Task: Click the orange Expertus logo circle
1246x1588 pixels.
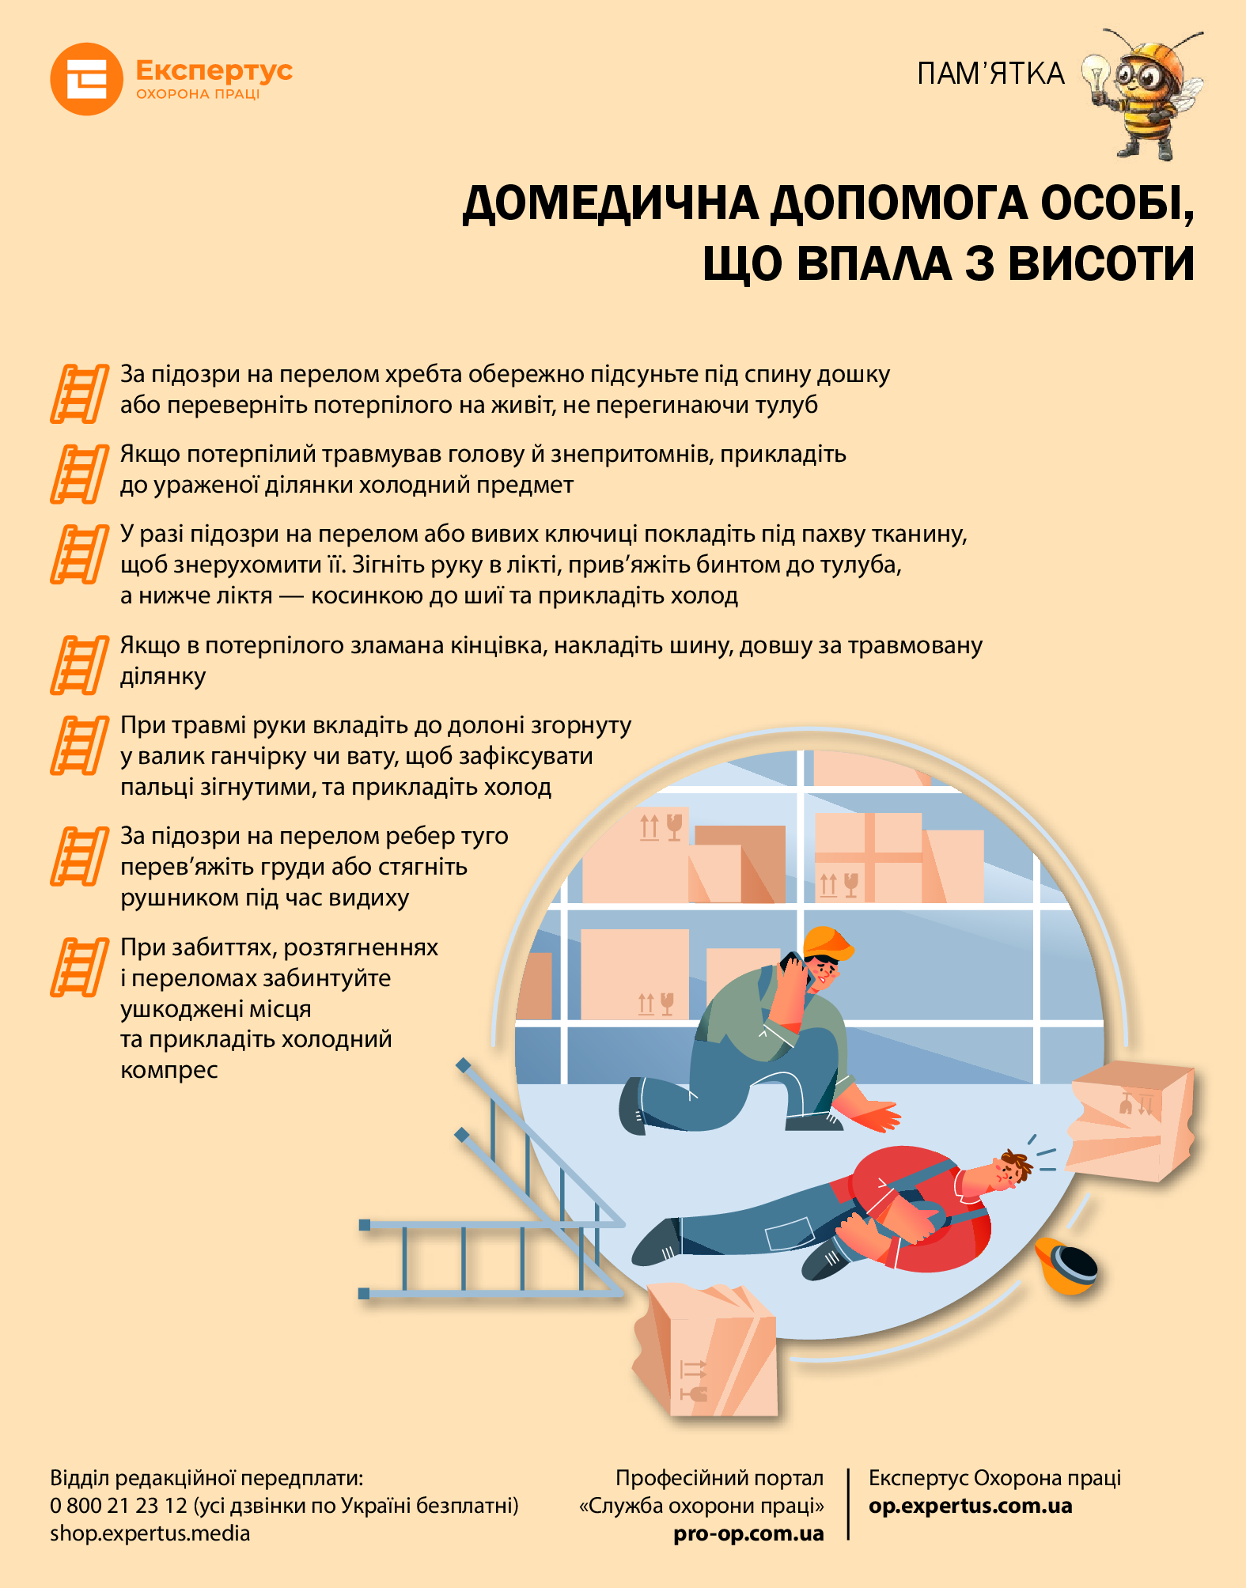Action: tap(86, 79)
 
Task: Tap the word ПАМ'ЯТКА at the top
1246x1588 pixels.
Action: tap(990, 74)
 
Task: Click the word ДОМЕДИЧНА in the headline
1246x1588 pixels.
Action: tap(611, 204)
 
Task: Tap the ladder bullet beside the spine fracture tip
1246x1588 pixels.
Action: tap(79, 393)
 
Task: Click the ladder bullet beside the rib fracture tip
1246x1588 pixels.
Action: tap(79, 856)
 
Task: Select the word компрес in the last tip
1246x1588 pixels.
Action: tap(169, 1071)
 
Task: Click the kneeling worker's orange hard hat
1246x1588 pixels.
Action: tap(828, 943)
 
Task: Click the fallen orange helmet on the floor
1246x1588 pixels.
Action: tap(1065, 1265)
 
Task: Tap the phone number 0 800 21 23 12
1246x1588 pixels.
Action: tap(119, 1505)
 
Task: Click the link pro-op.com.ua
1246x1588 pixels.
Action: tap(748, 1534)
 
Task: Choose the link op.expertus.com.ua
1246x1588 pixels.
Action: tap(971, 1506)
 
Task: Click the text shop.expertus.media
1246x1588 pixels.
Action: tap(150, 1533)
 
